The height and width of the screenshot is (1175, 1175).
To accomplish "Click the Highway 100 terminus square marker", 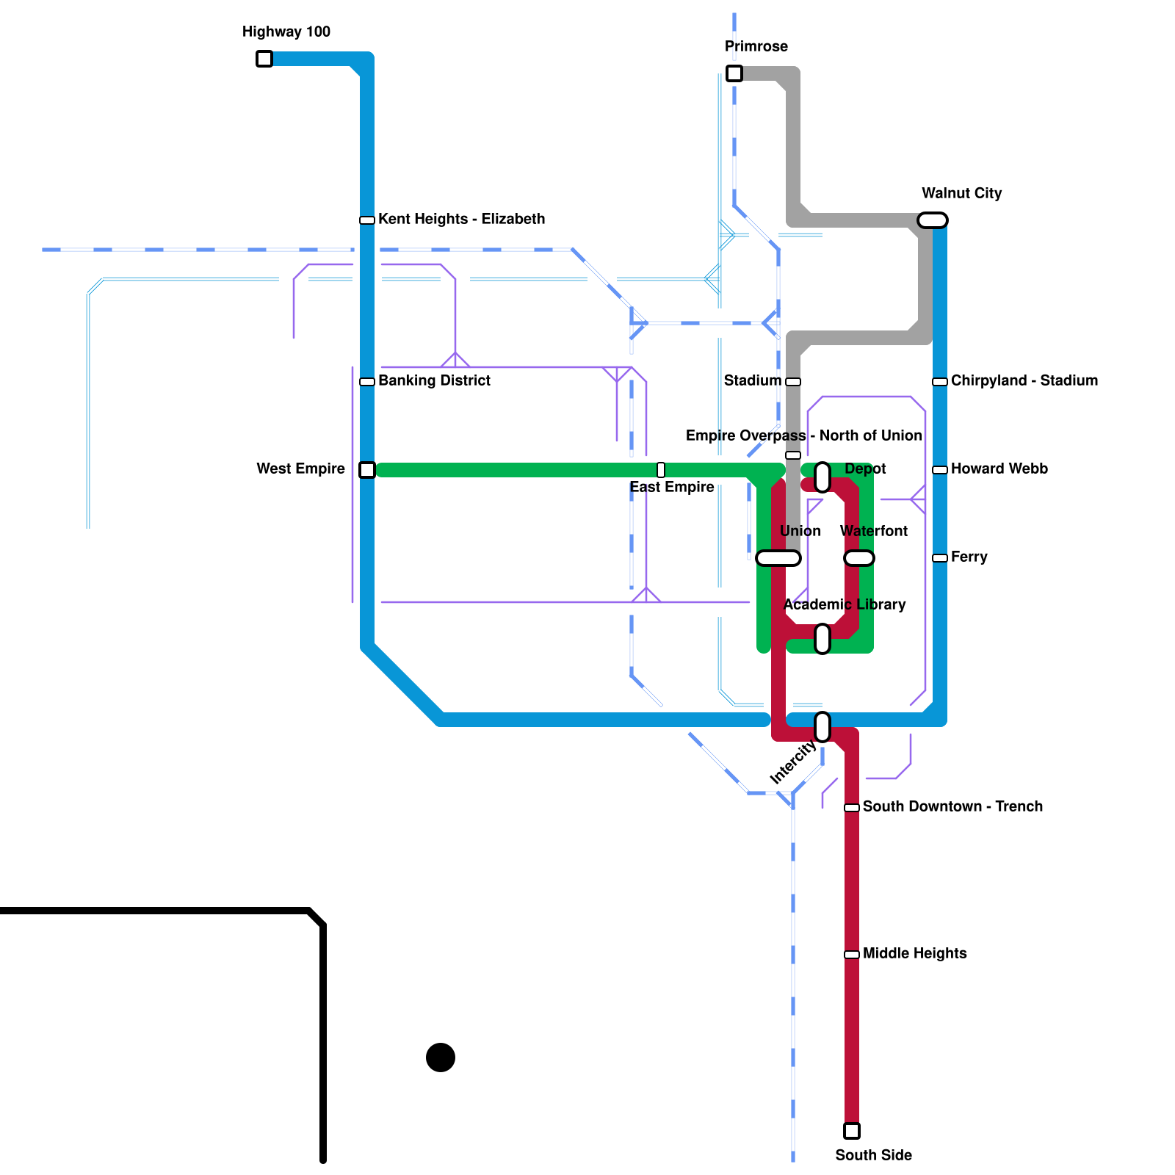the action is point(264,59).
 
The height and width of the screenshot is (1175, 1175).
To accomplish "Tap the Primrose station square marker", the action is point(734,73).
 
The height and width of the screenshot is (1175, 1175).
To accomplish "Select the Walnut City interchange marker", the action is point(933,220).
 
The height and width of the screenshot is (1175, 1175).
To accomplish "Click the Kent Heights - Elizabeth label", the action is point(461,219).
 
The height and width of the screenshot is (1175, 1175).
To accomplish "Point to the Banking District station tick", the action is point(367,382).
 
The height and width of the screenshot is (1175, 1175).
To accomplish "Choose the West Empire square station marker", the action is point(367,470).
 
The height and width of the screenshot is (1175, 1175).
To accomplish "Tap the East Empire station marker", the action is point(661,470).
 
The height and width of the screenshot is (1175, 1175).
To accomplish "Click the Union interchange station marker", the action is point(778,558).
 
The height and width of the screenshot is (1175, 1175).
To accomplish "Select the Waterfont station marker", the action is point(859,558).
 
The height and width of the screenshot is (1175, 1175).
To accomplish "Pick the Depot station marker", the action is point(822,477).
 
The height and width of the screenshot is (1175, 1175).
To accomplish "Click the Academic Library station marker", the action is point(822,639).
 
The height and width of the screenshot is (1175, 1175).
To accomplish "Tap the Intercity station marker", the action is point(822,727).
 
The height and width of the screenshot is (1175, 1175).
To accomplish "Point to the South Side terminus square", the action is point(852,1131).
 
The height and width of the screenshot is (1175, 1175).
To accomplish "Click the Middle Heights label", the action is point(914,953).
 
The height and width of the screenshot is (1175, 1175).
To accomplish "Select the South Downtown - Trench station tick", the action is point(852,808).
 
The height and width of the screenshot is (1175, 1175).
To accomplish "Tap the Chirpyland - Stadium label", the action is point(1024,380).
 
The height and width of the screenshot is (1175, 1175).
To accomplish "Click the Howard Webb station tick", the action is point(940,470).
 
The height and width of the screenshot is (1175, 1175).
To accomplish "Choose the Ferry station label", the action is point(969,557).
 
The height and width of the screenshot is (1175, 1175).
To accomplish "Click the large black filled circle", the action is point(441,1057).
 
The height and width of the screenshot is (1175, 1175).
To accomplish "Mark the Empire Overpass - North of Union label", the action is point(803,435).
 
